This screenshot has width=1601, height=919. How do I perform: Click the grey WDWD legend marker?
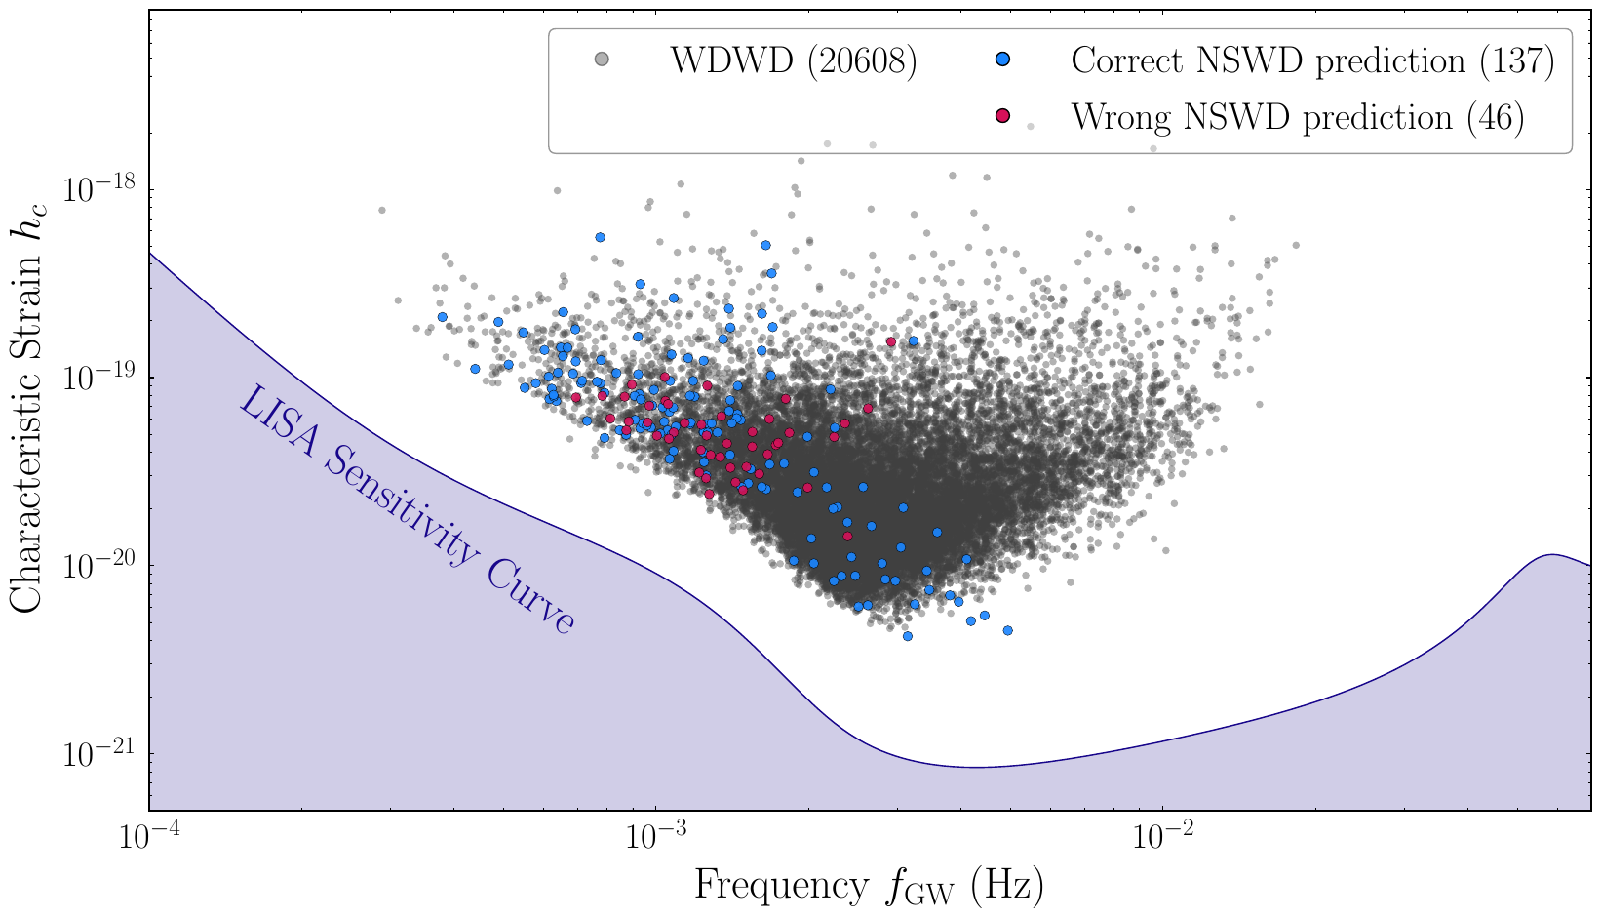click(602, 60)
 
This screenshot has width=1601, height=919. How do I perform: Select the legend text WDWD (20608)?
click(792, 61)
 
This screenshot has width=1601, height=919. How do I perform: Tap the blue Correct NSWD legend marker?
click(1002, 60)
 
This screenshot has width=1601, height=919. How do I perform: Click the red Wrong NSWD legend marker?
click(1002, 117)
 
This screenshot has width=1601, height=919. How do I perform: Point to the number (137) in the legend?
click(1516, 61)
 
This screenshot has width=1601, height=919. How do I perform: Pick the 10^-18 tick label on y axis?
click(97, 189)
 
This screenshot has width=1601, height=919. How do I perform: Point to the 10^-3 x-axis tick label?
click(656, 838)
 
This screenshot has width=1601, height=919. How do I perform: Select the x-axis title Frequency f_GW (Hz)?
click(869, 886)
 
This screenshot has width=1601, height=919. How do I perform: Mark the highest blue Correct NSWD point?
click(600, 237)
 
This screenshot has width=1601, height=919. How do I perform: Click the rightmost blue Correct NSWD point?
click(1007, 630)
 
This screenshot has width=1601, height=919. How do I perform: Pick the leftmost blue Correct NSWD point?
click(442, 317)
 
